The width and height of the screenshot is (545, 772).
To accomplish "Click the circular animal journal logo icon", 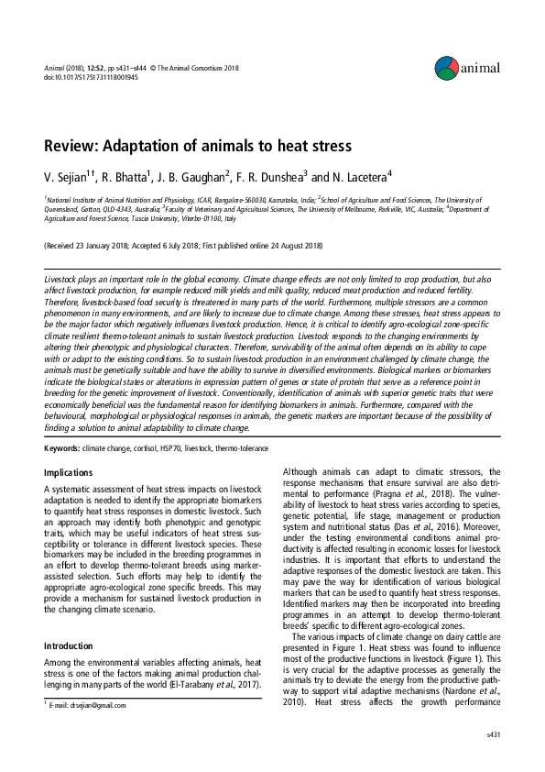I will [445, 66].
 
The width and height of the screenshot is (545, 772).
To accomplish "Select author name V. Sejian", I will [70, 176].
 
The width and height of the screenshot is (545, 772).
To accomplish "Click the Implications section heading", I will [69, 473].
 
